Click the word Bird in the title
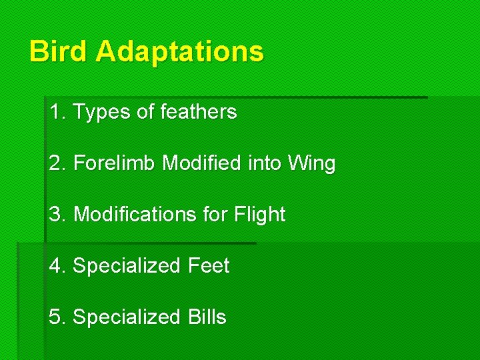point(59,51)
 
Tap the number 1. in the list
point(57,112)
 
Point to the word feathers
point(199,112)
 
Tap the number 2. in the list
point(58,163)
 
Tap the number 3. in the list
point(58,215)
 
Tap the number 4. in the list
point(58,266)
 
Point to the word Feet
point(209,266)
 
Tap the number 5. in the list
point(58,317)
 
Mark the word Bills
point(207,317)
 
